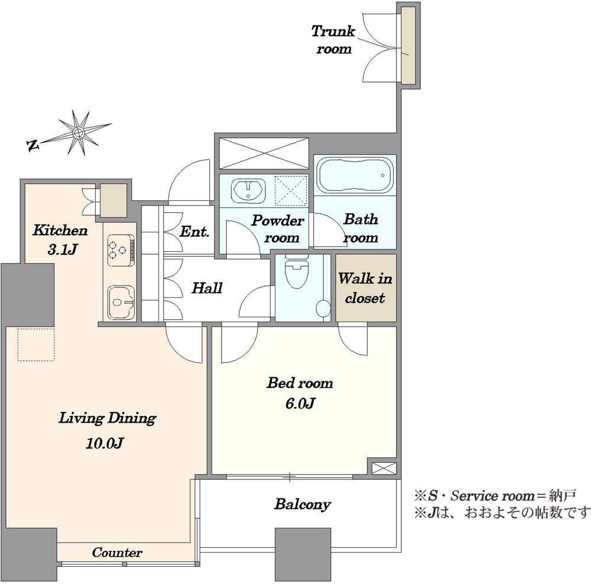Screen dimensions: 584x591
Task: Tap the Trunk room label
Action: point(333,39)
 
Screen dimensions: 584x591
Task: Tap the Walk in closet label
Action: point(365,288)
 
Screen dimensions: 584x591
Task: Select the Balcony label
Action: point(302,505)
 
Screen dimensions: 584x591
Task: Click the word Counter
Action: point(117,553)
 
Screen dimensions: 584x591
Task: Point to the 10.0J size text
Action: point(107,443)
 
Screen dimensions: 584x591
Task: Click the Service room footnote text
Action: point(494,494)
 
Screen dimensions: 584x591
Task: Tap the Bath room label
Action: point(361,228)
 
